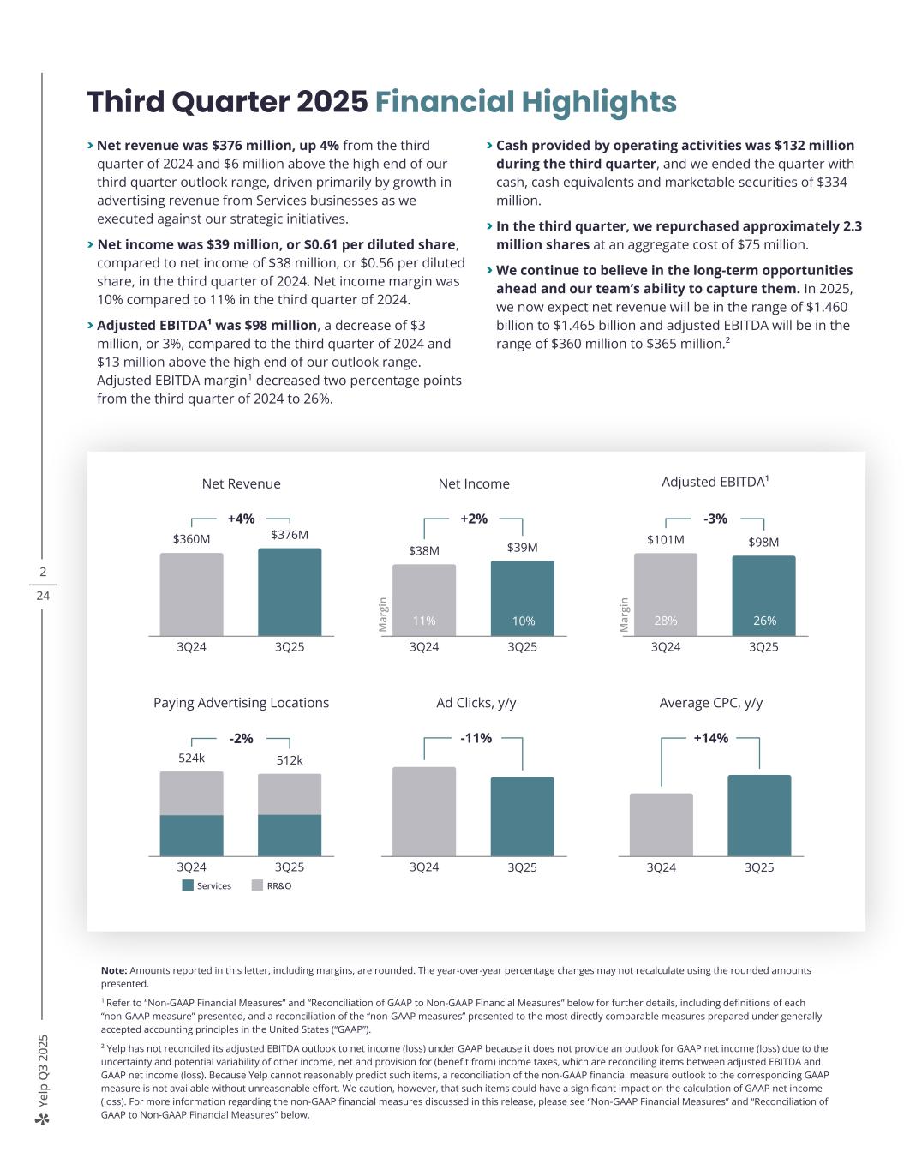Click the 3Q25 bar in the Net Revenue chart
click(x=290, y=591)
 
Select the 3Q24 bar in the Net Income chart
click(x=424, y=599)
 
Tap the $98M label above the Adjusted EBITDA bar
click(x=763, y=542)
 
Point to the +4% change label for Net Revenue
click(x=241, y=519)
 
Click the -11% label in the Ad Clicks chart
click(x=476, y=738)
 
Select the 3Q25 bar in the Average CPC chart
click(x=759, y=815)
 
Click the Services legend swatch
click(x=188, y=885)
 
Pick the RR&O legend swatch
click(x=257, y=885)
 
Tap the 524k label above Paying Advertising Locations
click(x=191, y=759)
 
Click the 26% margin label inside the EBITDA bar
click(x=764, y=621)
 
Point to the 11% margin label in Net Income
click(x=424, y=621)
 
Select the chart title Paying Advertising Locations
click(x=241, y=703)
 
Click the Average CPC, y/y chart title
click(x=711, y=703)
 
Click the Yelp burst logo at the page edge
click(x=43, y=1119)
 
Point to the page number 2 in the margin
click(x=43, y=572)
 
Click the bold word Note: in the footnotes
click(x=114, y=970)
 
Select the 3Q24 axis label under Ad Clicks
click(x=424, y=867)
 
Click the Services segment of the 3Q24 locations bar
click(x=191, y=836)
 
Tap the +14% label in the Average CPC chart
click(x=711, y=738)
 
